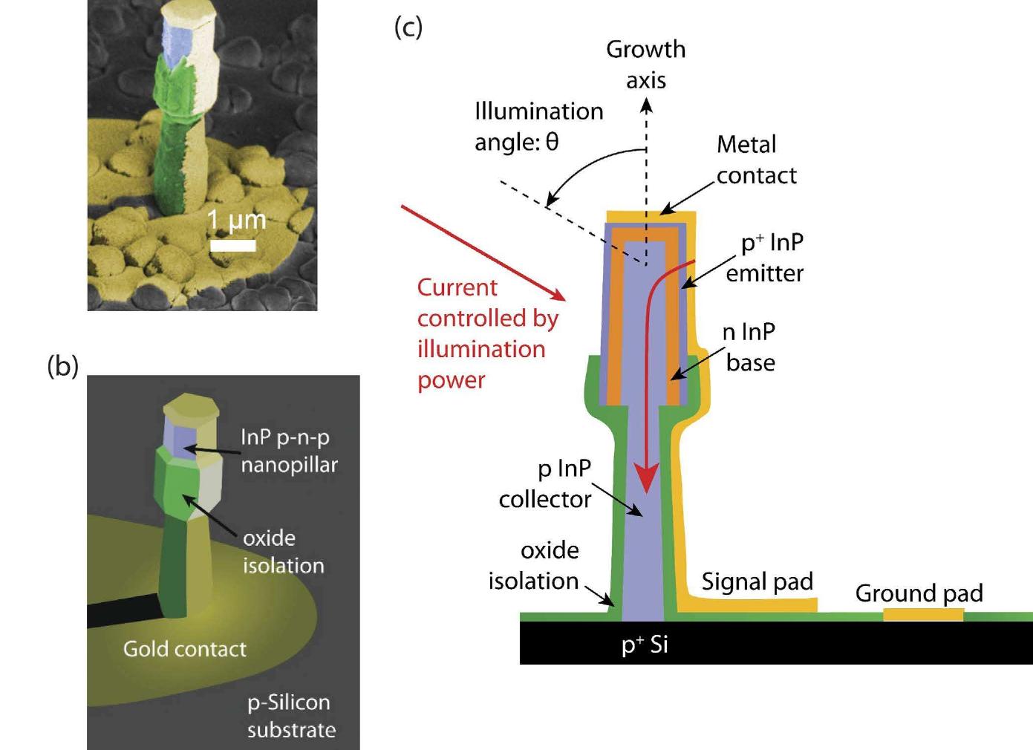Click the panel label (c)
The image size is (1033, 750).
point(408,27)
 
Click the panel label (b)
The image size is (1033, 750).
point(63,365)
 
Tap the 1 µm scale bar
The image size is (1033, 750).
point(232,244)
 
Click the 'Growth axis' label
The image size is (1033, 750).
point(645,64)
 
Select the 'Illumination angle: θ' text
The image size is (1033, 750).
point(538,126)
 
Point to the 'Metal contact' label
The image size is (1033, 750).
point(755,160)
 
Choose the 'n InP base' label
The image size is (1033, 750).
point(750,347)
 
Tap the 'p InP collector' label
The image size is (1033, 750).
point(546,483)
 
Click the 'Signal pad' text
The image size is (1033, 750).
point(757,581)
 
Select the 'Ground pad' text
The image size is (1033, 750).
point(919,593)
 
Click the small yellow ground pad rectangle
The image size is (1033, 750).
point(922,614)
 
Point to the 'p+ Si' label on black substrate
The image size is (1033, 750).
point(645,645)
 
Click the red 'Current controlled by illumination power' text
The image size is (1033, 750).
point(486,333)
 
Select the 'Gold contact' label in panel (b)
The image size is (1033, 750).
point(184,649)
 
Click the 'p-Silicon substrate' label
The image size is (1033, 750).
point(290,716)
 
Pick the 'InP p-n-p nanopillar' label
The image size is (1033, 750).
point(288,451)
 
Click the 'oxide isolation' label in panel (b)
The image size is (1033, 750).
point(283,551)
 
